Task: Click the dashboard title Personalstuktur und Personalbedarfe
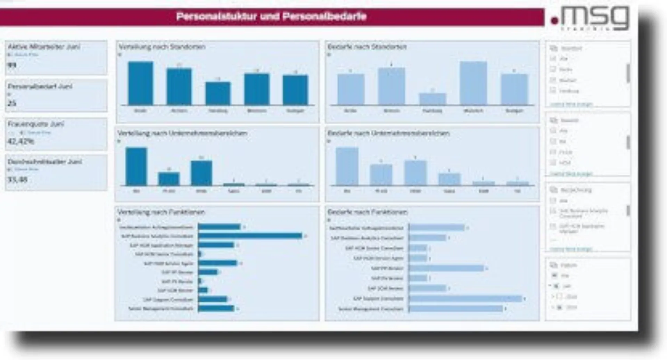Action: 271,17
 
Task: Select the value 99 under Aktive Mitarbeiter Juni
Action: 12,65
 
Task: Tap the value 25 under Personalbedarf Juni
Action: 12,103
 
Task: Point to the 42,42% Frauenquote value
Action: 21,141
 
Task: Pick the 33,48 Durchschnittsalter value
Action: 18,180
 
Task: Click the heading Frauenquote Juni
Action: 36,124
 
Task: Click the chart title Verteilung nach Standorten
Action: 162,47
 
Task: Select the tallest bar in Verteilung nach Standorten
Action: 140,83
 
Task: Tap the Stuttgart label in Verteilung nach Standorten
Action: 295,111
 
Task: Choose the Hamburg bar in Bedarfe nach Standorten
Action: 433,99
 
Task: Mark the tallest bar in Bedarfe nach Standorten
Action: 473,83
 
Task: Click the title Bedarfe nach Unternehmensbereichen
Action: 388,133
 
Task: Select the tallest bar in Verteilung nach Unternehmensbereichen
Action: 136,167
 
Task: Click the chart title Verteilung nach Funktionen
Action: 161,212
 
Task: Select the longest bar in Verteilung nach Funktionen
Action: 250,236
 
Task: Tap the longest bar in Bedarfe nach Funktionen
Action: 466,299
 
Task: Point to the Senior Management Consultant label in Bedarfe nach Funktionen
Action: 371,309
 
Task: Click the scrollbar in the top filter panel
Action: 628,73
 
